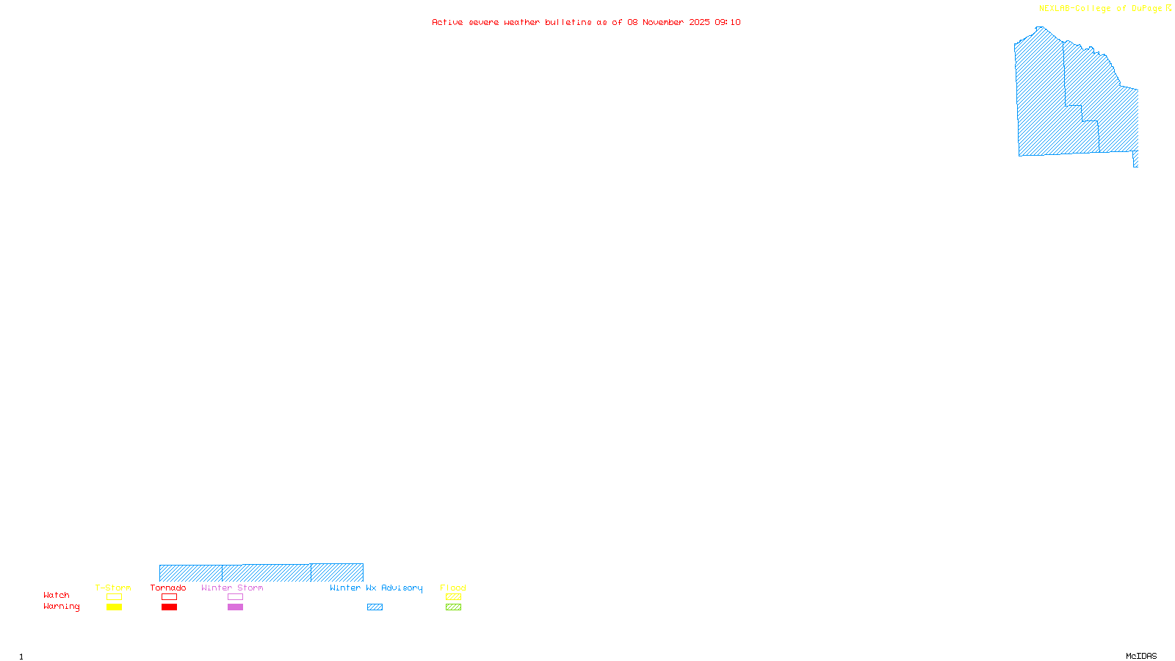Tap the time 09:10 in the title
tap(728, 23)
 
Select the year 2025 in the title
tap(699, 23)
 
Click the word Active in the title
tap(447, 23)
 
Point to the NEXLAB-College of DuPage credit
tap(1100, 9)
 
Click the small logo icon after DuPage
tap(1169, 8)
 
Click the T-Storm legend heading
tap(113, 588)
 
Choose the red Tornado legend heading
tap(168, 588)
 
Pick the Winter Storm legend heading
tap(232, 588)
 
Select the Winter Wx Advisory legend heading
tap(376, 588)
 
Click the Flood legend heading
tap(453, 588)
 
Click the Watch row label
tap(57, 595)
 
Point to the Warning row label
tap(61, 607)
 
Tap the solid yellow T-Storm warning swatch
tap(114, 607)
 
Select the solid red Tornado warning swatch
tap(170, 607)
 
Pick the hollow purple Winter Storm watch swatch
tap(235, 597)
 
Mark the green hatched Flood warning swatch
tap(454, 607)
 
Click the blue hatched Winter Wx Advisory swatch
tap(375, 607)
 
